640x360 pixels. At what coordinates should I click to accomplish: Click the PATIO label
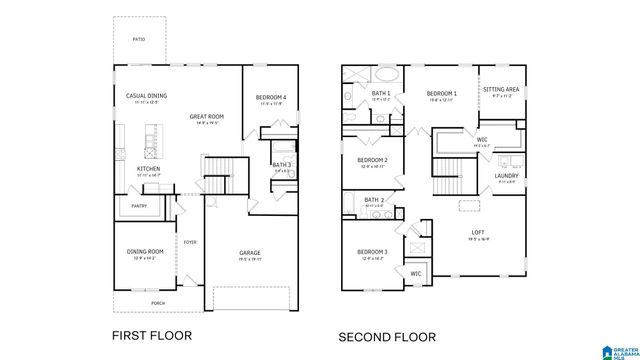138,40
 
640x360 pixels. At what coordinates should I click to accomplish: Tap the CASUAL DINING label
146,96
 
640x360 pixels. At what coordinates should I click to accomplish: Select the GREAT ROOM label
206,116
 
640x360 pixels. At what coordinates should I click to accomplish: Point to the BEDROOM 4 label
272,97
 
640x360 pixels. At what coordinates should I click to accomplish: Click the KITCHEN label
148,169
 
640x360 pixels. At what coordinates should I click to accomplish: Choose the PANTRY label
137,206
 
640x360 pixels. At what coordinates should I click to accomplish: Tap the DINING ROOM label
144,251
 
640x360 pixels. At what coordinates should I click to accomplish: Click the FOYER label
190,242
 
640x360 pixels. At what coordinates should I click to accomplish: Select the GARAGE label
250,252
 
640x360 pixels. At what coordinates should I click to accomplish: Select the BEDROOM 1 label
441,93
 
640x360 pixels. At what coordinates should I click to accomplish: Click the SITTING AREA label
500,89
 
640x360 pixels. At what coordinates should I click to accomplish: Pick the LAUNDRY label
505,175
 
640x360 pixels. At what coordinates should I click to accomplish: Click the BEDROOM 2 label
372,160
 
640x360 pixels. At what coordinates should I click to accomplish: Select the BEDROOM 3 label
372,252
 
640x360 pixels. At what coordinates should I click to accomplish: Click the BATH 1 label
380,93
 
